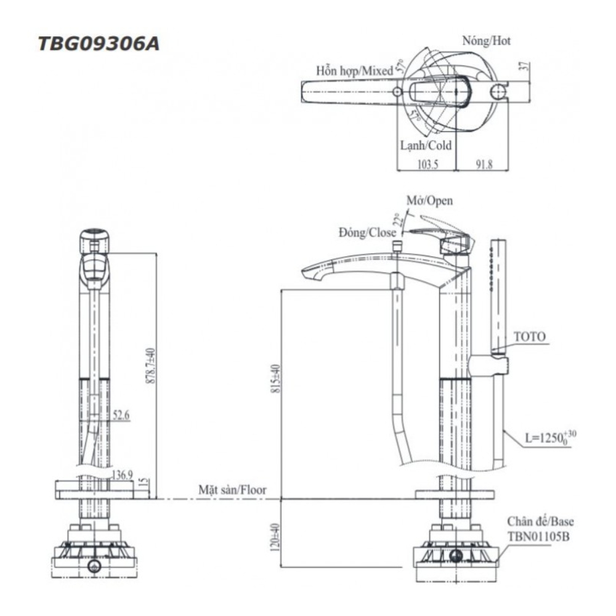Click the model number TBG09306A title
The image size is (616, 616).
[99, 44]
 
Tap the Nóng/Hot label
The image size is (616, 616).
[487, 41]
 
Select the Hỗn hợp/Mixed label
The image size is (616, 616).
[354, 71]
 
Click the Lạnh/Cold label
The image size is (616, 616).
[425, 146]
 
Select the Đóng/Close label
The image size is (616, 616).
[367, 232]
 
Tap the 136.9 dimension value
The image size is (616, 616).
[122, 474]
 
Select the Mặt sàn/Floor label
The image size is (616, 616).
[232, 490]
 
